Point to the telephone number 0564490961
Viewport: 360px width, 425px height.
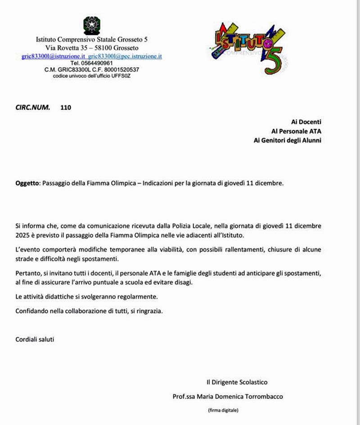tap(98, 63)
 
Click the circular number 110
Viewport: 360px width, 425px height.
tap(66, 107)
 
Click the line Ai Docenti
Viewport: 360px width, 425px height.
tap(306, 121)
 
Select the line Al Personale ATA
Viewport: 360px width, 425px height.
tap(296, 131)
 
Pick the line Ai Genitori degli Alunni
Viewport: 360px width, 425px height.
tap(288, 140)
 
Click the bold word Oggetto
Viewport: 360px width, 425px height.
tap(27, 183)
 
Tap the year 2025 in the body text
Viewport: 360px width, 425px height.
tap(23, 235)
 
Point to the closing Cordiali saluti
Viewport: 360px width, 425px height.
tap(35, 339)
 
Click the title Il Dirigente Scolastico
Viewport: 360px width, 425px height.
tap(237, 382)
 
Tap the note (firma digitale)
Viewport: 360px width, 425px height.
tap(223, 410)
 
